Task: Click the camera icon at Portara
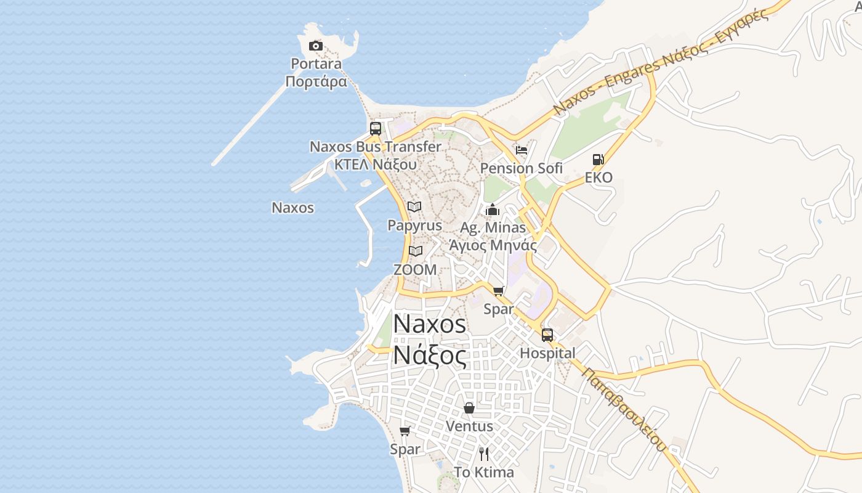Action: click(316, 46)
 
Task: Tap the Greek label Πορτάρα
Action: click(316, 81)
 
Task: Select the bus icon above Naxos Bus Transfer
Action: click(376, 129)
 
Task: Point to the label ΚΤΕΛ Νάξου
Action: click(375, 164)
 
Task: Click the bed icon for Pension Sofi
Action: click(522, 150)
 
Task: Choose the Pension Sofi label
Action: click(522, 168)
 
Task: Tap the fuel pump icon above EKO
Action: click(598, 160)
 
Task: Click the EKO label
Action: click(598, 178)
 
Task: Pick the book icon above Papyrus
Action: click(415, 207)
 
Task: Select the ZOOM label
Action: click(415, 269)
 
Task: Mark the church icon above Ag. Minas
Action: click(493, 210)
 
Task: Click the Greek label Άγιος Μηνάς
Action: click(493, 245)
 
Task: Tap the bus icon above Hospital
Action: click(547, 335)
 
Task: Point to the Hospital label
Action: click(547, 353)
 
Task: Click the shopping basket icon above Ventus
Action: click(469, 408)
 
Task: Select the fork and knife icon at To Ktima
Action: click(484, 454)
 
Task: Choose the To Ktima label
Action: click(484, 473)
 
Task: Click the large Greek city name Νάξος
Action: click(430, 356)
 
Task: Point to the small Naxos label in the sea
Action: click(293, 208)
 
